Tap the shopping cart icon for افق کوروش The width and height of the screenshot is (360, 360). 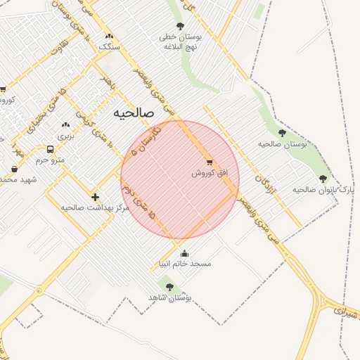(209, 162)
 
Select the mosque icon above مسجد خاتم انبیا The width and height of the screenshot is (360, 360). (184, 254)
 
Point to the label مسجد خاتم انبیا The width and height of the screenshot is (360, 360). (184, 264)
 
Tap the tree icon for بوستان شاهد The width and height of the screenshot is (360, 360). (169, 287)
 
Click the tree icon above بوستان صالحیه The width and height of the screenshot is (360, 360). (282, 132)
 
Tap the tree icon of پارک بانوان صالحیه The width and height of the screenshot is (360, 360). (323, 179)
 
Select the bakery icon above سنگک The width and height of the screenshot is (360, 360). (108, 36)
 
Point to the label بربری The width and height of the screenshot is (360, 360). (65, 134)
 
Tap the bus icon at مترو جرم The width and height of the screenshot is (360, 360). (50, 150)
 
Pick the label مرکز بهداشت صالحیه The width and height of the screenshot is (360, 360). (91, 207)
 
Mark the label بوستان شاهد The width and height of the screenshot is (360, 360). (169, 298)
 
